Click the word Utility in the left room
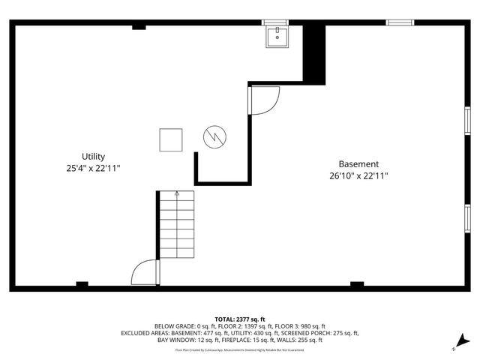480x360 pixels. click(93, 157)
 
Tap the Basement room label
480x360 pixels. click(358, 163)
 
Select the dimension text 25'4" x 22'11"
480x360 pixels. click(93, 169)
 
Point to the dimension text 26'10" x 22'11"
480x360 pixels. click(358, 176)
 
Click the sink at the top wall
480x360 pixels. click(277, 36)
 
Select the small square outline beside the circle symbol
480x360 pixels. click(170, 139)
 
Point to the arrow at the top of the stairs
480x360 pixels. click(177, 194)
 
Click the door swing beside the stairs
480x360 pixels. click(145, 272)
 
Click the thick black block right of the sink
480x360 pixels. click(314, 51)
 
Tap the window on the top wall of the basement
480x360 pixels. click(406, 22)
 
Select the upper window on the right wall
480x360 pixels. click(466, 120)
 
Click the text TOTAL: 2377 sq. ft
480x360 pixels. click(240, 319)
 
